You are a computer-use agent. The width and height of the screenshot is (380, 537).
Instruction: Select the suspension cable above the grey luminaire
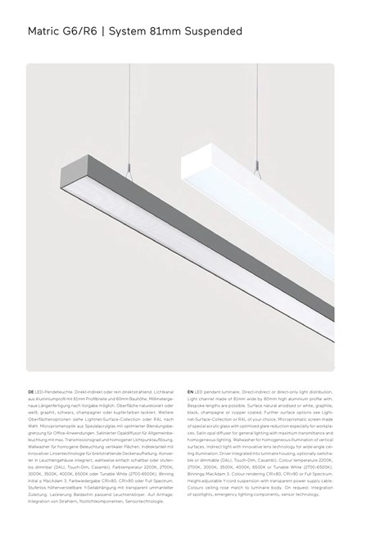[103, 98]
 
